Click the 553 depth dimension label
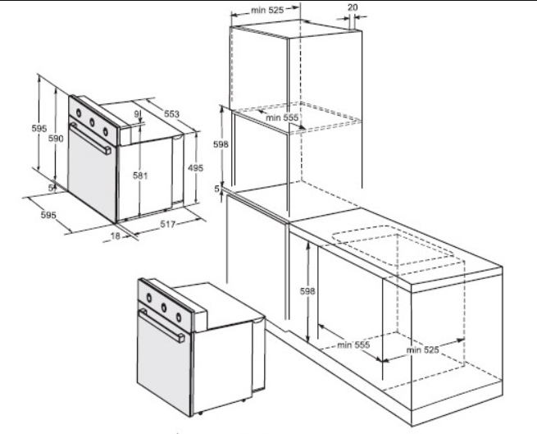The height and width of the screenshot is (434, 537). tap(171, 113)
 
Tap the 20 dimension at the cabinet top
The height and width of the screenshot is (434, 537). tap(353, 7)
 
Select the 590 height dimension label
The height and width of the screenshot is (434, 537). tap(56, 138)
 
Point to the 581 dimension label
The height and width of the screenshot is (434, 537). tap(140, 176)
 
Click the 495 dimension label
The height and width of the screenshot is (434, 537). tap(196, 167)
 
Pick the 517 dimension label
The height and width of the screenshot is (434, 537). tap(168, 224)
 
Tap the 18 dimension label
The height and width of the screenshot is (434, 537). tap(116, 235)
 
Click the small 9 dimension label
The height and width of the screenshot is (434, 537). tap(137, 114)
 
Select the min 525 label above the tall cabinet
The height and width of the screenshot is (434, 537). tap(267, 11)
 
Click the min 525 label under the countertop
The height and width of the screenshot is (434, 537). tap(422, 349)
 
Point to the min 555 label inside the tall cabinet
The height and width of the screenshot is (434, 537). tap(282, 117)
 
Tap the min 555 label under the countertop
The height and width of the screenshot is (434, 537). tap(353, 345)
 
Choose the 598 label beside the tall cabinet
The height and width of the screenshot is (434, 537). tap(221, 144)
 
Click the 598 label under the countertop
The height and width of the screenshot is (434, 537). tap(307, 291)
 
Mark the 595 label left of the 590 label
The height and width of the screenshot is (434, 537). tap(39, 128)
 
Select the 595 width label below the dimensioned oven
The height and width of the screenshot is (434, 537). tap(48, 215)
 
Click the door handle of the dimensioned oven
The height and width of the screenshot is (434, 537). tap(90, 139)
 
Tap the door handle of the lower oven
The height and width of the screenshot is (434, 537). tap(162, 326)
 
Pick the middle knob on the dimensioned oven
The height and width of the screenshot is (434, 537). tap(92, 121)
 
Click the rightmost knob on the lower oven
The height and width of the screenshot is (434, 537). tap(179, 318)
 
